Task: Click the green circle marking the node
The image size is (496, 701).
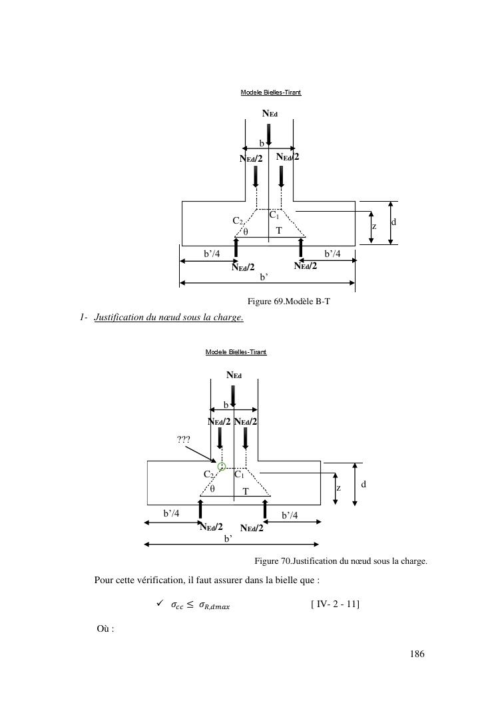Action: [x=222, y=466]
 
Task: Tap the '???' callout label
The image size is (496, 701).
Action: [x=184, y=439]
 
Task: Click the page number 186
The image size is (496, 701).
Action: [x=417, y=654]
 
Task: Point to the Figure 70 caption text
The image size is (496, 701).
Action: [x=340, y=561]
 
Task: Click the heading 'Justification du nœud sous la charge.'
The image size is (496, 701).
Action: [x=169, y=317]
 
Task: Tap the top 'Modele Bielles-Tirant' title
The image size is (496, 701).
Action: [x=271, y=92]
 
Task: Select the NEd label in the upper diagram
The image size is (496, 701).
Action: [x=270, y=114]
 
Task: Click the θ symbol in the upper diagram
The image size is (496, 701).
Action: [x=246, y=232]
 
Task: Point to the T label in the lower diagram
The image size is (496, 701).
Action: [x=245, y=491]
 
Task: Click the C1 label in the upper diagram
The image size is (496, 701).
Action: [x=274, y=216]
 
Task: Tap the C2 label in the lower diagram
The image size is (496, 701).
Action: [x=209, y=475]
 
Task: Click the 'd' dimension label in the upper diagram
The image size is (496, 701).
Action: [x=393, y=221]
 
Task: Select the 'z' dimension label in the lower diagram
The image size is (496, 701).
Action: [x=338, y=488]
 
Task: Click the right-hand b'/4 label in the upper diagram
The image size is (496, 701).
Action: [x=333, y=254]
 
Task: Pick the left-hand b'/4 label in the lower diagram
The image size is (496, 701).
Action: [x=172, y=513]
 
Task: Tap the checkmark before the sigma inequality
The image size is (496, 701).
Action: [x=159, y=604]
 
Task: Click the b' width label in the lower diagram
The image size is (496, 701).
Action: [x=228, y=538]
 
